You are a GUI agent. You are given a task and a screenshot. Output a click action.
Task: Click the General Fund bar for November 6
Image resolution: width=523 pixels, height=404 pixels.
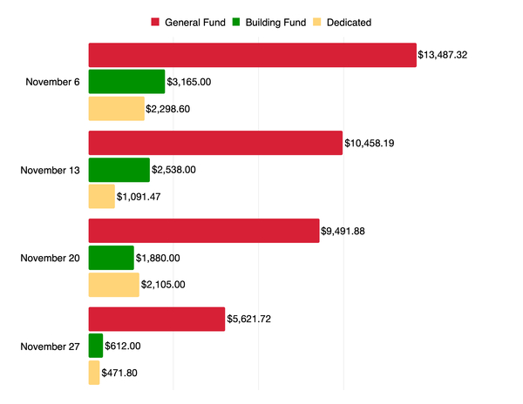(x=252, y=55)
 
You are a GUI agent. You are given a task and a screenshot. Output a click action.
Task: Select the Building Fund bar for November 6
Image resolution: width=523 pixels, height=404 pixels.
(x=126, y=82)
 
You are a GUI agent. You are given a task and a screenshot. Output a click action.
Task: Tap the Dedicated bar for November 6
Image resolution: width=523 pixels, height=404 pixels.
(x=116, y=109)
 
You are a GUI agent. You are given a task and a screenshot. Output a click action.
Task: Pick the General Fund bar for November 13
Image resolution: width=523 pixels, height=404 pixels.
(x=215, y=143)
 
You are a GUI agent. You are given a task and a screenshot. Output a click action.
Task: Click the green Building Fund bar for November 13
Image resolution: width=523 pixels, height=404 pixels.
(x=119, y=170)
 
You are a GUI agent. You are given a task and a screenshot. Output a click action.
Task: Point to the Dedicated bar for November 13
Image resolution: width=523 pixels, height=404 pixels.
(x=101, y=197)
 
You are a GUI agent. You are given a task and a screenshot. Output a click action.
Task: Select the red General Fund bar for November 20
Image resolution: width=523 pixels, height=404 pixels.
(x=204, y=231)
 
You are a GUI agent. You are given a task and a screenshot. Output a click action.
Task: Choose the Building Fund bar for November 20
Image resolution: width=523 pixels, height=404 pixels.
(x=112, y=258)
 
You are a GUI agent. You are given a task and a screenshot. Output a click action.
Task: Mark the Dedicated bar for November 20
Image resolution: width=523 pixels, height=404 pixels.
(x=114, y=285)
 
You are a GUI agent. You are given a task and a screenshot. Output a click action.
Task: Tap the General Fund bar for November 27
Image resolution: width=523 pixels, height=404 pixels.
(x=157, y=320)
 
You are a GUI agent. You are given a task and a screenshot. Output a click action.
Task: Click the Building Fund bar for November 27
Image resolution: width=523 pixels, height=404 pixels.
(x=96, y=346)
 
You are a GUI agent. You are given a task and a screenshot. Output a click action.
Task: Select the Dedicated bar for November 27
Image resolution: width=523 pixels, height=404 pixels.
(x=94, y=373)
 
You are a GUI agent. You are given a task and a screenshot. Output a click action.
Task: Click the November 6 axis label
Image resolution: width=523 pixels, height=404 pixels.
(x=53, y=82)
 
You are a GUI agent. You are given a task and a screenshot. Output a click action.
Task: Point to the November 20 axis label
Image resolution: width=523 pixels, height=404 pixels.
(x=51, y=258)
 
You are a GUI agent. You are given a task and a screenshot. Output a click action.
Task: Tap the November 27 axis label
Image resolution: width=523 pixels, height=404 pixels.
(x=51, y=346)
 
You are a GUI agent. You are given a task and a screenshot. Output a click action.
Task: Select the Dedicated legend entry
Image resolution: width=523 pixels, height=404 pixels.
(x=343, y=22)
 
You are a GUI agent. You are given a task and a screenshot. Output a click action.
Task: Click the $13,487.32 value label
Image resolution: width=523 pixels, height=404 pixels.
(x=443, y=55)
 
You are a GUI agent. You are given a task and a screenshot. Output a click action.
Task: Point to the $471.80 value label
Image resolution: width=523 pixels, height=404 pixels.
(x=119, y=374)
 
